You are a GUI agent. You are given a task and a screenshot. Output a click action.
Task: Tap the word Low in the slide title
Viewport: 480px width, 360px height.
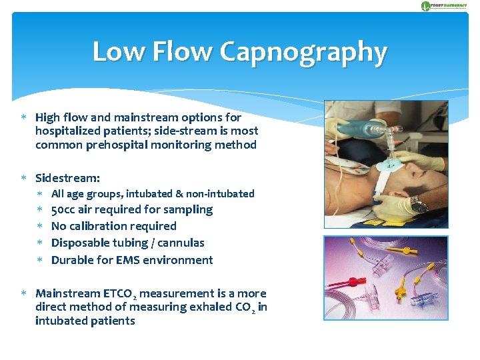pyautogui.click(x=119, y=52)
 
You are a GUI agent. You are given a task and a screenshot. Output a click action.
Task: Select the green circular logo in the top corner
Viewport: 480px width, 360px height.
pyautogui.click(x=425, y=6)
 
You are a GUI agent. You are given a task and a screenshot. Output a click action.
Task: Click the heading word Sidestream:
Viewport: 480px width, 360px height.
pyautogui.click(x=68, y=178)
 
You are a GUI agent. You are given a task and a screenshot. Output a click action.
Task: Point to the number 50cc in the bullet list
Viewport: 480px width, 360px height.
pyautogui.click(x=65, y=209)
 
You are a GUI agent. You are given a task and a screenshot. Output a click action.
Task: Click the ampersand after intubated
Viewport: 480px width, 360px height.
pyautogui.click(x=179, y=193)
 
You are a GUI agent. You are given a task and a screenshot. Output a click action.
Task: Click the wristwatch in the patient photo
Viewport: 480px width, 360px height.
pyautogui.click(x=418, y=204)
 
